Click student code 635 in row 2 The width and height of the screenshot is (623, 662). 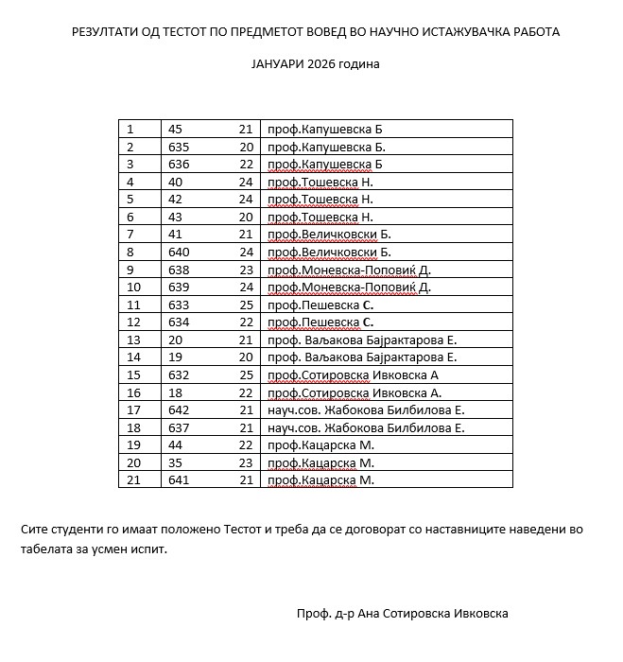click(x=179, y=147)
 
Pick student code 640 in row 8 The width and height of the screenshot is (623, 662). click(x=179, y=253)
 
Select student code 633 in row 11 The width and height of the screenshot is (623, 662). click(x=179, y=305)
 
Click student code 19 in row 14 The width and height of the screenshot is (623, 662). click(x=175, y=357)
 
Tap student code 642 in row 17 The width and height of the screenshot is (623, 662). click(x=179, y=410)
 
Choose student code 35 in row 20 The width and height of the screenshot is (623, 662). click(x=175, y=462)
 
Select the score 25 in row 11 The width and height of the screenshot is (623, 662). click(x=246, y=305)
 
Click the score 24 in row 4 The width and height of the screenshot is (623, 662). click(x=246, y=182)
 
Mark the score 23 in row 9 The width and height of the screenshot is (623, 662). click(x=246, y=270)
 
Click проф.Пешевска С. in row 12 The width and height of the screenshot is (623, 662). click(x=321, y=322)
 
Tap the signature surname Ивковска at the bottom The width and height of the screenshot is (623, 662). click(x=480, y=613)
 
